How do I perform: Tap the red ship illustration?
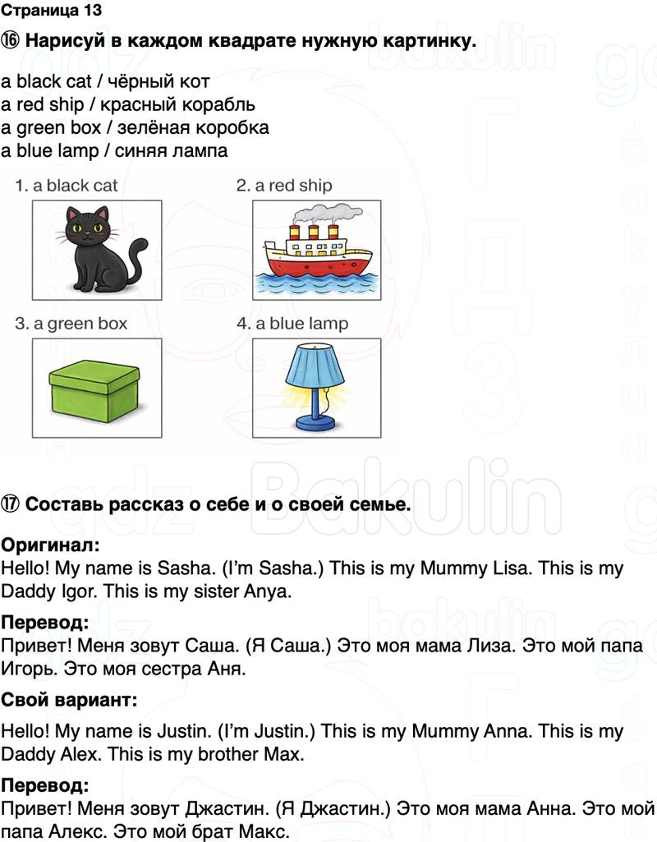click(x=315, y=255)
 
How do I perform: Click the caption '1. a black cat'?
click(x=67, y=186)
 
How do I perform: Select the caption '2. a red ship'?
click(x=284, y=186)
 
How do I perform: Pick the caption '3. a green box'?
click(x=71, y=324)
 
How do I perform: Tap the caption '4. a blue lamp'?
click(x=292, y=324)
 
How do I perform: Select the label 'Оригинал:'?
click(x=50, y=545)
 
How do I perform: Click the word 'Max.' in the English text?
click(x=285, y=753)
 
